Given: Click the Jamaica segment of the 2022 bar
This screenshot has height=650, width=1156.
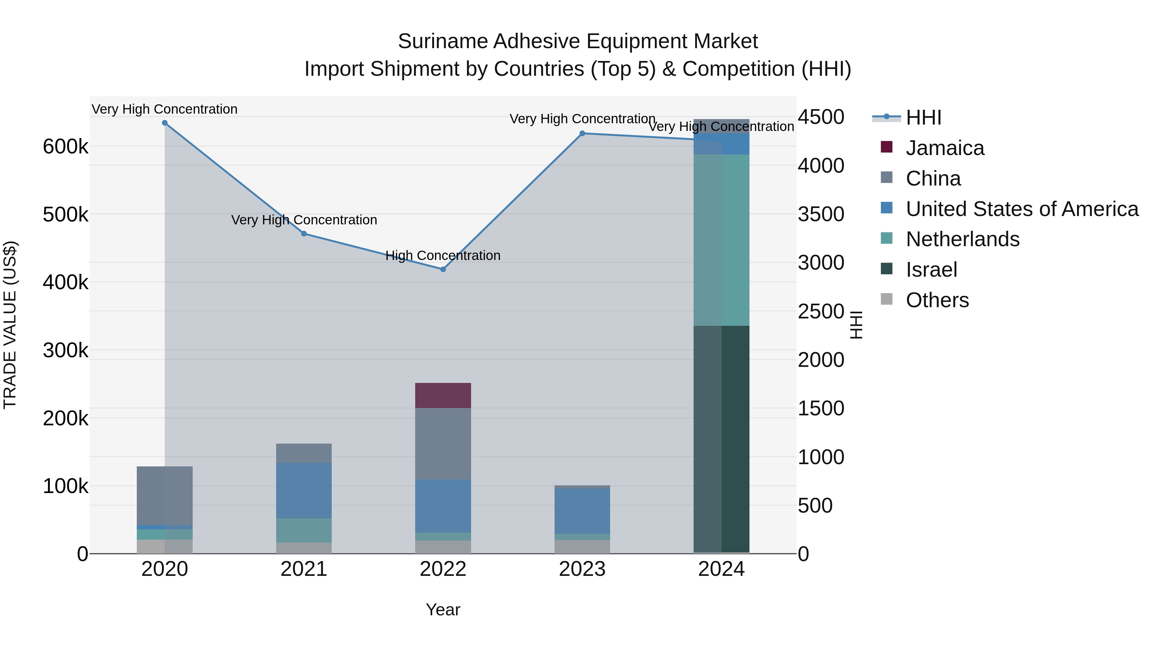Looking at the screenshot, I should (443, 395).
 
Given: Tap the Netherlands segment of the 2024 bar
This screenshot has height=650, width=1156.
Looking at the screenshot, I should (721, 240).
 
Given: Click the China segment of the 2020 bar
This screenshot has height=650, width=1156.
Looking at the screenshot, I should (165, 496).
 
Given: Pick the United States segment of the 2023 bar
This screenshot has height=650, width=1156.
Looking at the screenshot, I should (582, 511).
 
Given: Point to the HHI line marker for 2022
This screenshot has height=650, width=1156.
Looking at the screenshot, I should (443, 269).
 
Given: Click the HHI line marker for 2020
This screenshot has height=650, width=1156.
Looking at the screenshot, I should (165, 123).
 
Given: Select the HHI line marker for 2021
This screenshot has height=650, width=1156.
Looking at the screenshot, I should (304, 234).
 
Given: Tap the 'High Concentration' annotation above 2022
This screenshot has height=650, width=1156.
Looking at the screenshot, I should (443, 256).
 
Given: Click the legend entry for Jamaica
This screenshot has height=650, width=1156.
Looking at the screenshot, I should (945, 148).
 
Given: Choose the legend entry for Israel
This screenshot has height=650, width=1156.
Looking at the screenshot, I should (931, 270).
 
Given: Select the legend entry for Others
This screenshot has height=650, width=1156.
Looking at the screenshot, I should (937, 300).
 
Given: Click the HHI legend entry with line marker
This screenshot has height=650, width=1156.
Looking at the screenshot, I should (923, 117).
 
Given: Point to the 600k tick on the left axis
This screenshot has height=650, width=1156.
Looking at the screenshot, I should (66, 147).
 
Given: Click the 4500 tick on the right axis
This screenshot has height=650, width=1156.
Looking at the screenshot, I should (821, 117).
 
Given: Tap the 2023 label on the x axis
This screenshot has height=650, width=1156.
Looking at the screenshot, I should (582, 569).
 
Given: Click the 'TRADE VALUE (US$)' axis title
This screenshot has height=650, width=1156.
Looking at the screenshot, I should (10, 325).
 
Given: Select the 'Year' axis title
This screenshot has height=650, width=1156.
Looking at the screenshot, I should (443, 610).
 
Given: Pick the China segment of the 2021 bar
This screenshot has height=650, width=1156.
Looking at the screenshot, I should (304, 453).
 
